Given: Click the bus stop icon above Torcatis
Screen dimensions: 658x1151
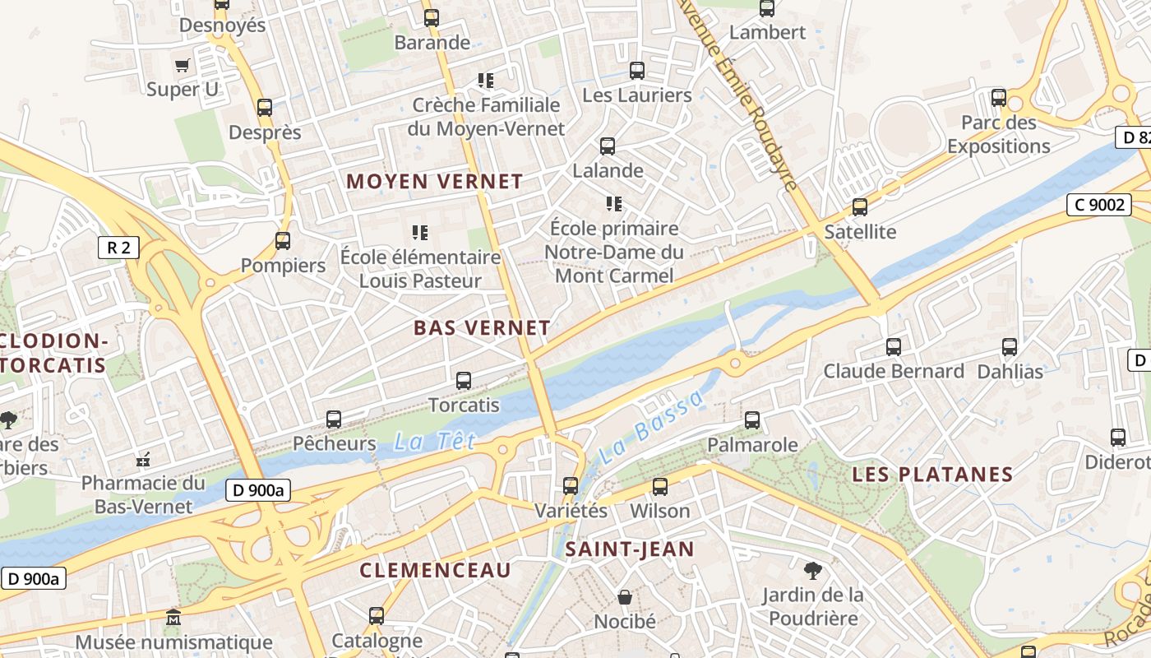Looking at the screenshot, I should tap(464, 380).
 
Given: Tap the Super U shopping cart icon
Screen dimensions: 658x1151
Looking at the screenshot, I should tap(183, 65).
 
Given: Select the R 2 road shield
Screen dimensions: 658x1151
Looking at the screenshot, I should tap(118, 248).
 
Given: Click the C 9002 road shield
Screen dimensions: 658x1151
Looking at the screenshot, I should tap(1098, 204).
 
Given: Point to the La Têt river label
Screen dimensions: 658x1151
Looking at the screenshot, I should tap(423, 443).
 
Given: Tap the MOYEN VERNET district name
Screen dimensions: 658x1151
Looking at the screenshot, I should tap(434, 181).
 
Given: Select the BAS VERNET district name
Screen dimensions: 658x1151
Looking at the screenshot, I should tap(482, 327).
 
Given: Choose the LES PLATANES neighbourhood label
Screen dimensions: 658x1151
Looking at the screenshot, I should tap(932, 475).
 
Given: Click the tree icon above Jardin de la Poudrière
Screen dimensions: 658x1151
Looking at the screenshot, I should tap(812, 569).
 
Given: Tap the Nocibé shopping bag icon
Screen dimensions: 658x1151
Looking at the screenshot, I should tap(625, 596).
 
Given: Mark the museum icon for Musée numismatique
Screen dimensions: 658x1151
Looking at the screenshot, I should tap(173, 617).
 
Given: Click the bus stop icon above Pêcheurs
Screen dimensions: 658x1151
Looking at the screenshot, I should tap(334, 419).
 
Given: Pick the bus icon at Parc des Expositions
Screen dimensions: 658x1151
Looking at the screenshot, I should tap(999, 98).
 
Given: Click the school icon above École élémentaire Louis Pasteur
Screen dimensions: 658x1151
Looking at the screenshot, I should tap(420, 233).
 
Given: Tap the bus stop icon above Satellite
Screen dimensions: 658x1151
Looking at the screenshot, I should tap(860, 207).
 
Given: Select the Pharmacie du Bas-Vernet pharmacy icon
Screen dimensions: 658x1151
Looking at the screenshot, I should tap(144, 458).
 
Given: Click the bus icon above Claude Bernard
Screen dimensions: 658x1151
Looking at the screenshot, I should tap(894, 347).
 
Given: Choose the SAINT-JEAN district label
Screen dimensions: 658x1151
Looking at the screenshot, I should tap(630, 549).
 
